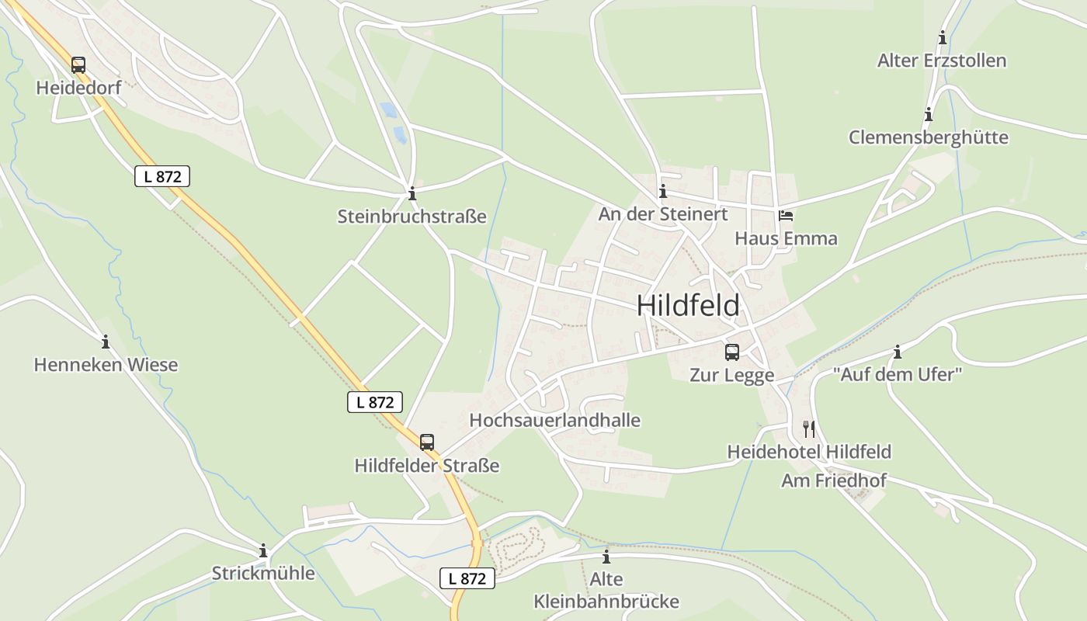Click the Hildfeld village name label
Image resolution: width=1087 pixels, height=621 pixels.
[x=688, y=305]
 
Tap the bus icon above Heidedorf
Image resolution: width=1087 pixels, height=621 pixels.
[x=78, y=64]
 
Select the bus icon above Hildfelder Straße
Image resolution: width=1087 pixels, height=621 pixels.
[x=427, y=442]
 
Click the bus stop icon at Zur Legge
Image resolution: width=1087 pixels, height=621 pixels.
[x=731, y=352]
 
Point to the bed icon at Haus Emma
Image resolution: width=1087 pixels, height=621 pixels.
[x=786, y=216]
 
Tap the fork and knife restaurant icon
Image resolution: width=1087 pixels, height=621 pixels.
[x=808, y=428]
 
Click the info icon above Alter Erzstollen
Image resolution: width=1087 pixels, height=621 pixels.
[x=943, y=37]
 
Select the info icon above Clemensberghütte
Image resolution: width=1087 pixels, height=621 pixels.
[x=929, y=115]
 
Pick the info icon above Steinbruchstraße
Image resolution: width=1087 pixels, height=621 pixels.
[x=412, y=193]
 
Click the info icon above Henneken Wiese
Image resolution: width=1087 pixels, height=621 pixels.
[x=106, y=342]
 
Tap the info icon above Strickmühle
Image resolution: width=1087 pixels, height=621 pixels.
[x=263, y=550]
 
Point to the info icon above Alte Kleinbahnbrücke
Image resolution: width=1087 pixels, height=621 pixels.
[x=606, y=557]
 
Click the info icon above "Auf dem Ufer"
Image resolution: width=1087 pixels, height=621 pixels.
[x=898, y=352]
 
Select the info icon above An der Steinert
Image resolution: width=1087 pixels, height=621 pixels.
[x=662, y=191]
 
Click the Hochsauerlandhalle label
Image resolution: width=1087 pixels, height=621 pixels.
[x=554, y=420]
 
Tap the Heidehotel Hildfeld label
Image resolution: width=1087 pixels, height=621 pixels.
[x=808, y=451]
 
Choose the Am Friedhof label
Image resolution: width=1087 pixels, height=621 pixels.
[x=833, y=480]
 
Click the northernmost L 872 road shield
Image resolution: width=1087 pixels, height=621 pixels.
[x=162, y=176]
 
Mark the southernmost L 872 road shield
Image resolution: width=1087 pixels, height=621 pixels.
[x=467, y=578]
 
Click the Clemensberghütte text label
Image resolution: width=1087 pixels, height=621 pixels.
[x=928, y=137]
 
